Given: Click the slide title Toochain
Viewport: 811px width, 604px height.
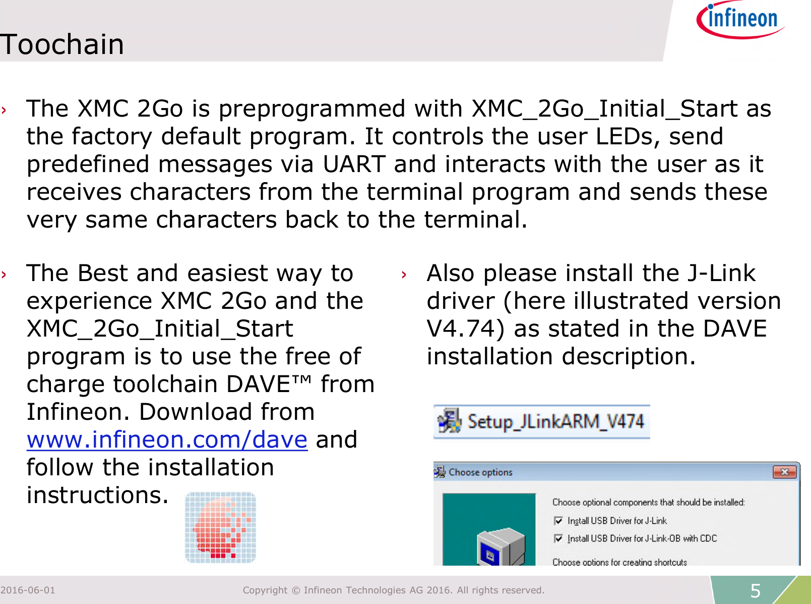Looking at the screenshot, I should [x=61, y=44].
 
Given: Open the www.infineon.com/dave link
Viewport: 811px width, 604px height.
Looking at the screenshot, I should [x=167, y=440].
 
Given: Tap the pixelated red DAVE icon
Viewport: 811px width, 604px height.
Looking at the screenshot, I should [x=220, y=527].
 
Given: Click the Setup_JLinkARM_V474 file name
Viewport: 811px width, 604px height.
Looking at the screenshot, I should [x=555, y=421].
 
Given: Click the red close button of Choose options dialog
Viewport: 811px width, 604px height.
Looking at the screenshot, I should [x=784, y=472].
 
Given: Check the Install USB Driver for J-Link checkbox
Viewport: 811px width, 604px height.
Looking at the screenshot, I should [x=558, y=521].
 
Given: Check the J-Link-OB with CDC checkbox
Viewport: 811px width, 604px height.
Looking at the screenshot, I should [x=558, y=538].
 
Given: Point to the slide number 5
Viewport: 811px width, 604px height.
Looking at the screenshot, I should [x=755, y=590].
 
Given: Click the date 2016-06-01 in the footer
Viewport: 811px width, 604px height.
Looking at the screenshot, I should [x=28, y=590].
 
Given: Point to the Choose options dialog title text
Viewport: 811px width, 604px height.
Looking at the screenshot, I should [x=480, y=472].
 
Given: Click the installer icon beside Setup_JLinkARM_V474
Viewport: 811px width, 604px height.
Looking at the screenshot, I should [x=449, y=421].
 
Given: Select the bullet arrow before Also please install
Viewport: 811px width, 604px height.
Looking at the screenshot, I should [x=404, y=275].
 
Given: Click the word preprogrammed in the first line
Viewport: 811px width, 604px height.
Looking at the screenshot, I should [x=311, y=109].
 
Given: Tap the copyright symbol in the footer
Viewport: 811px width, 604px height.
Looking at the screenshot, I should [x=295, y=590].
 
